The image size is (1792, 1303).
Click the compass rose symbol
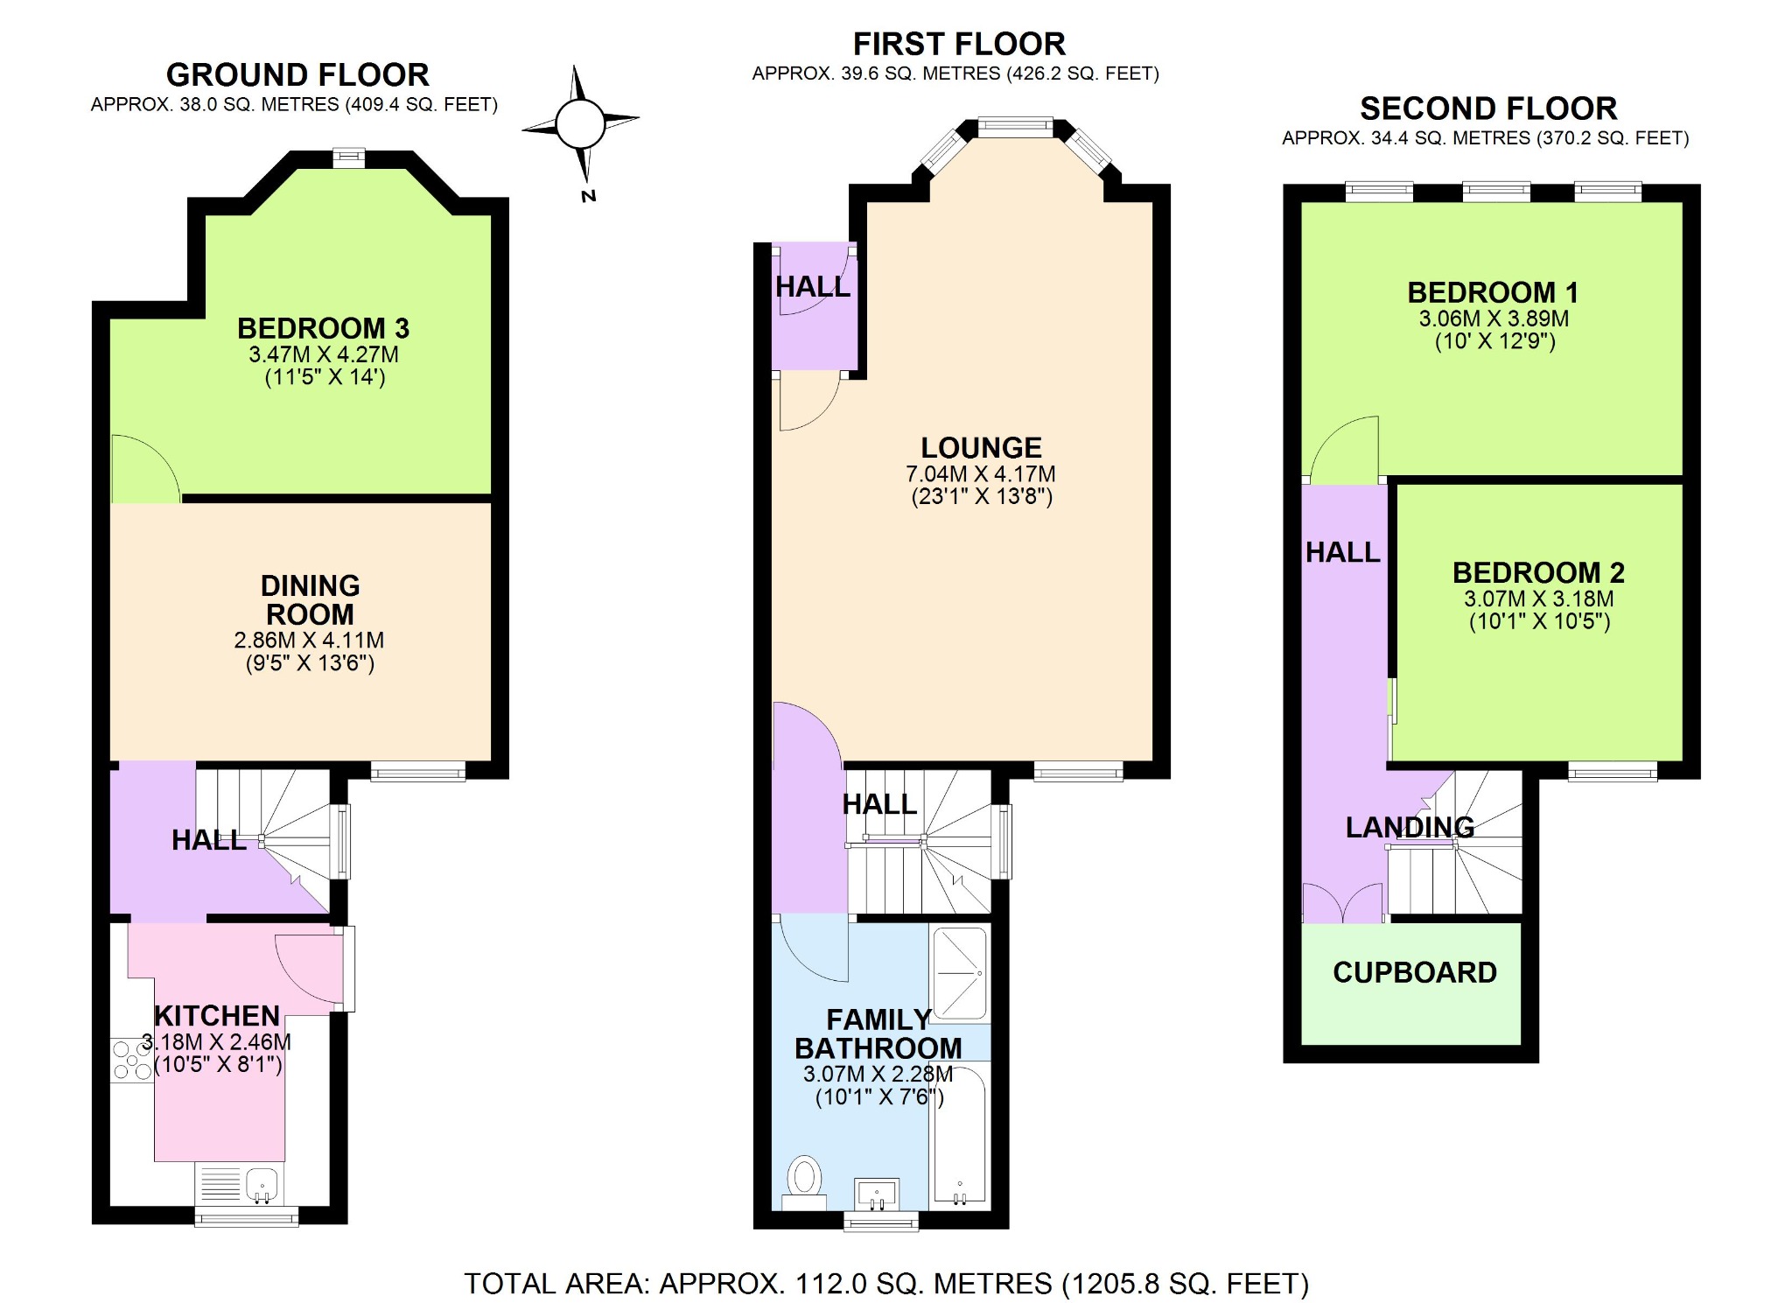pyautogui.click(x=580, y=124)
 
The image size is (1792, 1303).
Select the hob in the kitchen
pyautogui.click(x=131, y=1060)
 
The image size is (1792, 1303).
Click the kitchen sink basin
pyautogui.click(x=262, y=1185)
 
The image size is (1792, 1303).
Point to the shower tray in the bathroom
pyautogui.click(x=960, y=973)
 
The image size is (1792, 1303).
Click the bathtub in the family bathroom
pyautogui.click(x=960, y=1133)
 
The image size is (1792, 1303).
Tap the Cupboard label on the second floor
pyautogui.click(x=1414, y=972)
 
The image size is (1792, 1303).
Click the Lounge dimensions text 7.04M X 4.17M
pyautogui.click(x=980, y=474)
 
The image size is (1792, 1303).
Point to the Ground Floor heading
pyautogui.click(x=297, y=75)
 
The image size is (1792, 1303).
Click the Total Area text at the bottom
pyautogui.click(x=885, y=1284)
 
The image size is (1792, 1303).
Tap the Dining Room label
pyautogui.click(x=310, y=599)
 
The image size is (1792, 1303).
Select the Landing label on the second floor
pyautogui.click(x=1409, y=827)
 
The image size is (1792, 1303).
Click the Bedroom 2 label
pyautogui.click(x=1537, y=572)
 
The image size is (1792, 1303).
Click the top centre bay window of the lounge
pyautogui.click(x=1015, y=128)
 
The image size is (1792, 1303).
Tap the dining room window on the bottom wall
pyautogui.click(x=417, y=771)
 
